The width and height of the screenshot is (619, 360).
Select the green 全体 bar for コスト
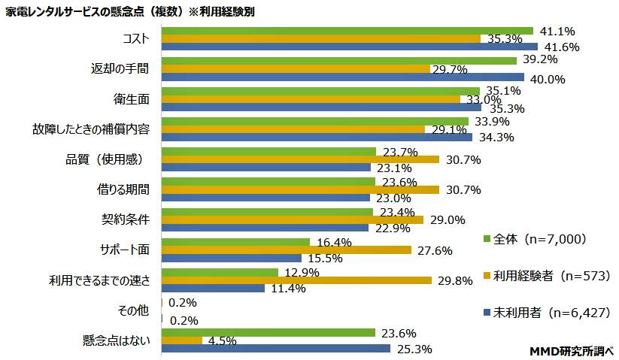[347, 31]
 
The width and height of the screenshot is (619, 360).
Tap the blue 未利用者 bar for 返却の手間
[342, 77]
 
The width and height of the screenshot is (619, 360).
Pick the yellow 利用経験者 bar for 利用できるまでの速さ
[296, 280]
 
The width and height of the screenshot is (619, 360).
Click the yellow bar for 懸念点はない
[181, 340]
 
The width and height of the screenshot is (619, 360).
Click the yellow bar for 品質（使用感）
[300, 159]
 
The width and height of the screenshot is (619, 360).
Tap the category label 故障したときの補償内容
[96, 129]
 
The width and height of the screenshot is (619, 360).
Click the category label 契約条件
[126, 219]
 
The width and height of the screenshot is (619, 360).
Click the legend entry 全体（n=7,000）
[539, 240]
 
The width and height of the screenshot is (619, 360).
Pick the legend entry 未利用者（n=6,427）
[545, 312]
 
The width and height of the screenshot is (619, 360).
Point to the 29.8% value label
[455, 281]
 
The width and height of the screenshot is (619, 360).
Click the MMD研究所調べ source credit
[572, 350]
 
